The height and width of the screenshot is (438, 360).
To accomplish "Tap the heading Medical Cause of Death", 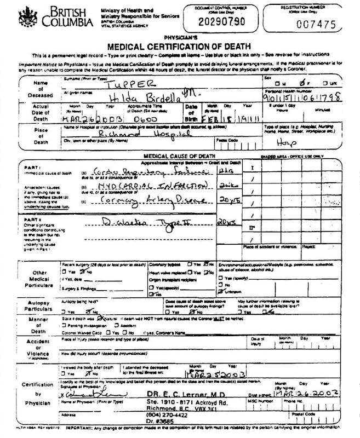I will click(x=181, y=157).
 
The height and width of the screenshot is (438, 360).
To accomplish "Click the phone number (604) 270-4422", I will click(x=167, y=415).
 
